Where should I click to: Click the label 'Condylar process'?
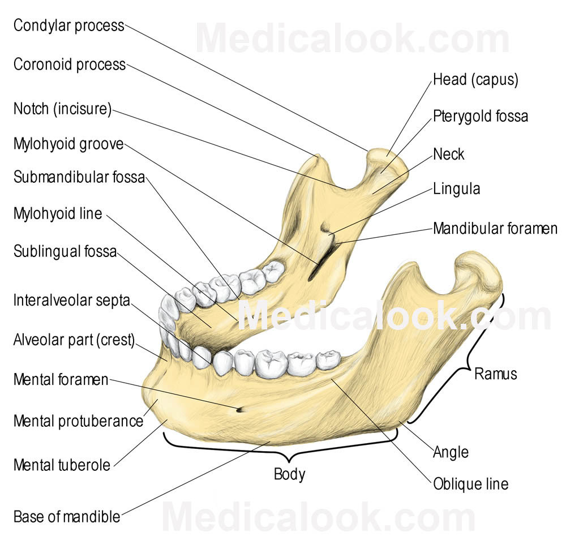pos(68,26)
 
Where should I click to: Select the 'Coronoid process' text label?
pos(70,65)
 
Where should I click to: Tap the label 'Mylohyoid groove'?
pos(68,144)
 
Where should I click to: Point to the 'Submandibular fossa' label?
pos(79,177)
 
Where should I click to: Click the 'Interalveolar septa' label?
pos(72,300)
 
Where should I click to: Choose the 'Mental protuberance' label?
pos(78,421)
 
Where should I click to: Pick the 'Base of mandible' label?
pos(67,517)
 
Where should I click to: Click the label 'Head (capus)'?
pos(475,80)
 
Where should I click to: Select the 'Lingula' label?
pos(456,188)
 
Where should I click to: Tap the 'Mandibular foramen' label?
pos(495,229)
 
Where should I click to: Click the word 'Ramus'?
pos(495,374)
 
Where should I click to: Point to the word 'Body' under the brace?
pos(289,474)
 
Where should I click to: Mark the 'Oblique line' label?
pos(470,484)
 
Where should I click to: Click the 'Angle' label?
pos(451,452)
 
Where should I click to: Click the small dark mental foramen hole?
pos(240,409)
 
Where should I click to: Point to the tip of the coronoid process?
pos(318,157)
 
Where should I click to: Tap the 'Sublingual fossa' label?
pos(65,251)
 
